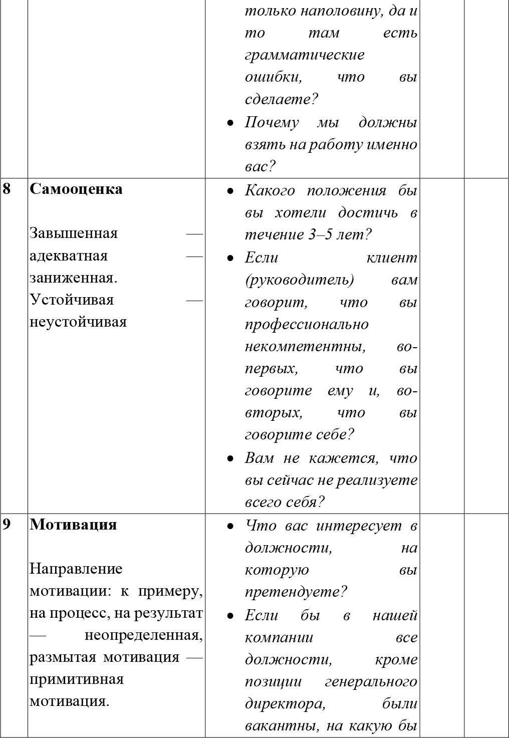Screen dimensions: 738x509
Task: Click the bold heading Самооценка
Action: pos(76,189)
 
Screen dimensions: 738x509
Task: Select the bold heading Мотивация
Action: pos(73,525)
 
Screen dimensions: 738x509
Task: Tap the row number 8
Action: pos(7,189)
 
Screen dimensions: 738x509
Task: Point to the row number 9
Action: pos(7,525)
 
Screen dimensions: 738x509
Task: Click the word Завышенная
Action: pos(74,233)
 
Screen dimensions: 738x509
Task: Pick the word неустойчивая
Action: pos(78,322)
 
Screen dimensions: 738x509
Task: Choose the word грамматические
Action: pos(305,55)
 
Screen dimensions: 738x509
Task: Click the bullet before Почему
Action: pos(230,123)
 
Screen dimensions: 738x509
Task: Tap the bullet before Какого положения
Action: pos(230,191)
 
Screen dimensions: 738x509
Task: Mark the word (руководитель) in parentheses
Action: pos(300,280)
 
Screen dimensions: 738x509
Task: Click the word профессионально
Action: pos(307,324)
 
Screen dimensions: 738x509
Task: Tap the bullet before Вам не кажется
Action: pos(230,458)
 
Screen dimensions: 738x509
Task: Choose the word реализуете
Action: pos(377,480)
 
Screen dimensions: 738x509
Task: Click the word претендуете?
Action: pos(296,592)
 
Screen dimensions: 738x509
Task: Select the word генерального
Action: pos(371,682)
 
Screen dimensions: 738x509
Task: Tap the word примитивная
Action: pos(77,679)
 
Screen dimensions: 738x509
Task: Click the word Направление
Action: pos(76,569)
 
